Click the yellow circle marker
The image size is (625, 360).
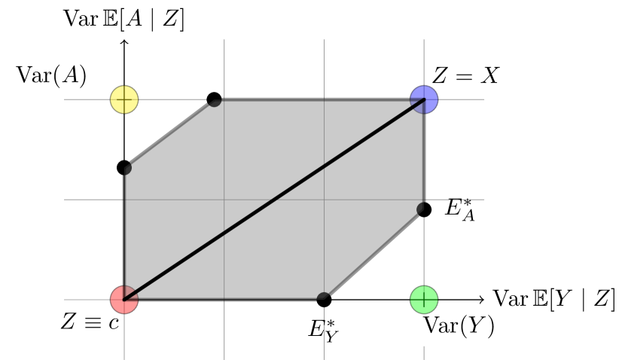coord(124,99)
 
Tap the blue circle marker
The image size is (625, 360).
coord(424,99)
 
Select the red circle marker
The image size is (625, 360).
coord(124,299)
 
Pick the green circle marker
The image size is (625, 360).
coord(424,299)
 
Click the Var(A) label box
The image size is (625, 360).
coord(52,76)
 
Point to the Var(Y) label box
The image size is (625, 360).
coord(459,326)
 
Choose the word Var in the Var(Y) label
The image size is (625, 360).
coord(439,326)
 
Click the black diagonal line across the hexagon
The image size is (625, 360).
coord(274,199)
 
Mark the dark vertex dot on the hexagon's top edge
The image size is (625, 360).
coord(215,100)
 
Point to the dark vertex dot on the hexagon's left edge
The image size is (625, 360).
coord(125,168)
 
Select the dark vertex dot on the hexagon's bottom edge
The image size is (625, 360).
coord(323,298)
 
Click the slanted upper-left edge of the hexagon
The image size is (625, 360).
coord(169,134)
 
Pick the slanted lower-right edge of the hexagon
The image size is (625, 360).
coord(373,254)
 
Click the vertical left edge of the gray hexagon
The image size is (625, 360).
coord(125,233)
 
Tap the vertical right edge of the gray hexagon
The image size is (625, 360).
coord(423,154)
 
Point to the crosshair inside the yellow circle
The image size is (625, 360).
coord(124,99)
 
